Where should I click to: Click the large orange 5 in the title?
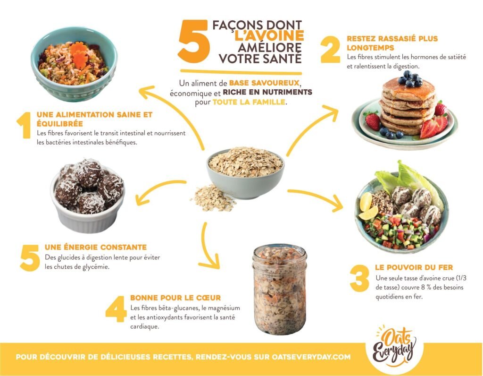coord(194,41)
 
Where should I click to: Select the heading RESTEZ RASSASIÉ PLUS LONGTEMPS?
coord(392,43)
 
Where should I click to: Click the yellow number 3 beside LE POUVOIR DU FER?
coord(359,279)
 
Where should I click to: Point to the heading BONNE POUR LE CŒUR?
coord(175,298)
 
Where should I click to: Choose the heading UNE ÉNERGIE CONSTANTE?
coord(96,248)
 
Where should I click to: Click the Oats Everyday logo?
coord(394,348)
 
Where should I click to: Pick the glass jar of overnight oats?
coord(279,290)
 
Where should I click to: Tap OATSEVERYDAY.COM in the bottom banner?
coord(311,357)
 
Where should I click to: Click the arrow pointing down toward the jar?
coord(206,247)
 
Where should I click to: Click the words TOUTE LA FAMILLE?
coord(249,102)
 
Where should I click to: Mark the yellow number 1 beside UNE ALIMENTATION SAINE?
coord(24,125)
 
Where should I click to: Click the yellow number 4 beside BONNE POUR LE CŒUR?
coord(116,309)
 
